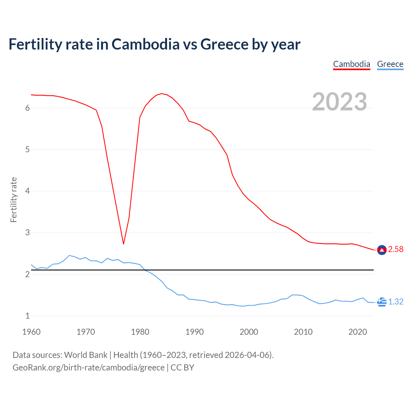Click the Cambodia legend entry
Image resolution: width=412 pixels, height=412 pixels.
351,64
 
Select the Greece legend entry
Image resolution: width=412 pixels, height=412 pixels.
390,64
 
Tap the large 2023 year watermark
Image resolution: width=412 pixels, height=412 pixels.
340,102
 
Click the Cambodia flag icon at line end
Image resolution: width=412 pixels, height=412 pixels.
382,250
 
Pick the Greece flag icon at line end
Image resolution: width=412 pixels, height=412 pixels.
382,302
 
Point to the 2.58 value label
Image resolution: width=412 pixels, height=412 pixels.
396,249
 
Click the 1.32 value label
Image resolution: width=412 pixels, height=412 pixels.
396,302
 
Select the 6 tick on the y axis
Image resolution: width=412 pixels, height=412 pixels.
27,108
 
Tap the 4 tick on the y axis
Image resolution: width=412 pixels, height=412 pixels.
27,191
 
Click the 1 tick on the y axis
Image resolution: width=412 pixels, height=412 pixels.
27,316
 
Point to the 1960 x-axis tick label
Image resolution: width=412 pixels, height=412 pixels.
31,332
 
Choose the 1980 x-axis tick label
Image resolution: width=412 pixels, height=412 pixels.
140,332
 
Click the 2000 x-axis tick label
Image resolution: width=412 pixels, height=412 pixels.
249,332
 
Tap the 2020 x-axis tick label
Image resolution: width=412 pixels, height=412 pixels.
358,332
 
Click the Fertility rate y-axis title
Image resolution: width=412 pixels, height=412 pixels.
14,200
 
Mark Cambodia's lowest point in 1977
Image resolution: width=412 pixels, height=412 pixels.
123,244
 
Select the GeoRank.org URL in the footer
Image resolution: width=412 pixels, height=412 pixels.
89,368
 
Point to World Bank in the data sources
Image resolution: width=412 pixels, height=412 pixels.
86,355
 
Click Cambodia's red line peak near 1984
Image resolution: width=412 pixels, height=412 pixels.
161,94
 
